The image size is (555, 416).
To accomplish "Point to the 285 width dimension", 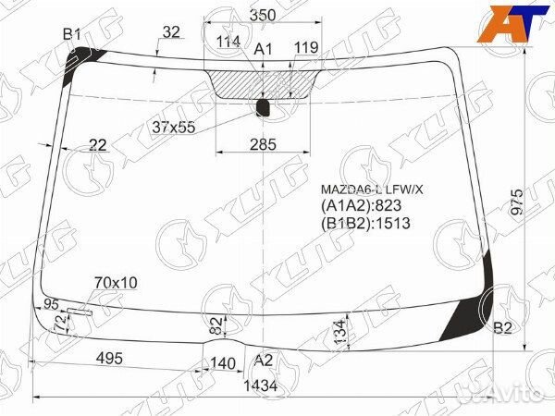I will tap(264, 143).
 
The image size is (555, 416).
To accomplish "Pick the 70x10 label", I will tap(116, 282).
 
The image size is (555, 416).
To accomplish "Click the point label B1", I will tap(72, 35).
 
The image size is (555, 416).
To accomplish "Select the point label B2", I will tap(502, 328).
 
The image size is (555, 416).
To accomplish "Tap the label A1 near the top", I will tap(263, 48).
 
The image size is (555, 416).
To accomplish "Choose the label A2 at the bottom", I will tap(264, 361).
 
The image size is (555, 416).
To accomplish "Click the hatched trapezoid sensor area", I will tap(264, 83).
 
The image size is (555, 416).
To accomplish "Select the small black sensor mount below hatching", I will tap(263, 108).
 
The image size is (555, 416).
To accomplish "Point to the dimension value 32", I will tap(170, 31).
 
